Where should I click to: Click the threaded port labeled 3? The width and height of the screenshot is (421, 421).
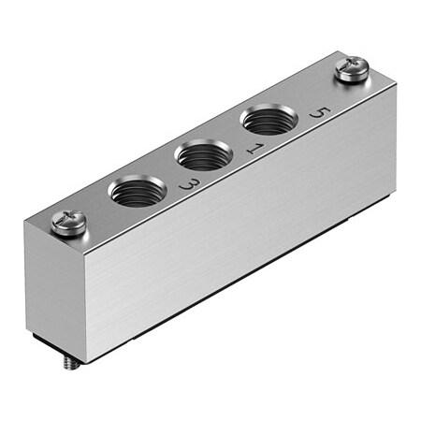(x=138, y=192)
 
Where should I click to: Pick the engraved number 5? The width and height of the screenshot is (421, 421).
(x=322, y=113)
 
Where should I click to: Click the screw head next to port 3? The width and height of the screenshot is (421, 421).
(x=70, y=222)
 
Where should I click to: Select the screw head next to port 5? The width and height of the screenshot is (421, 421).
(x=352, y=70)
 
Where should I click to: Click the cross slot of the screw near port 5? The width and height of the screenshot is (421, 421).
(x=352, y=67)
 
